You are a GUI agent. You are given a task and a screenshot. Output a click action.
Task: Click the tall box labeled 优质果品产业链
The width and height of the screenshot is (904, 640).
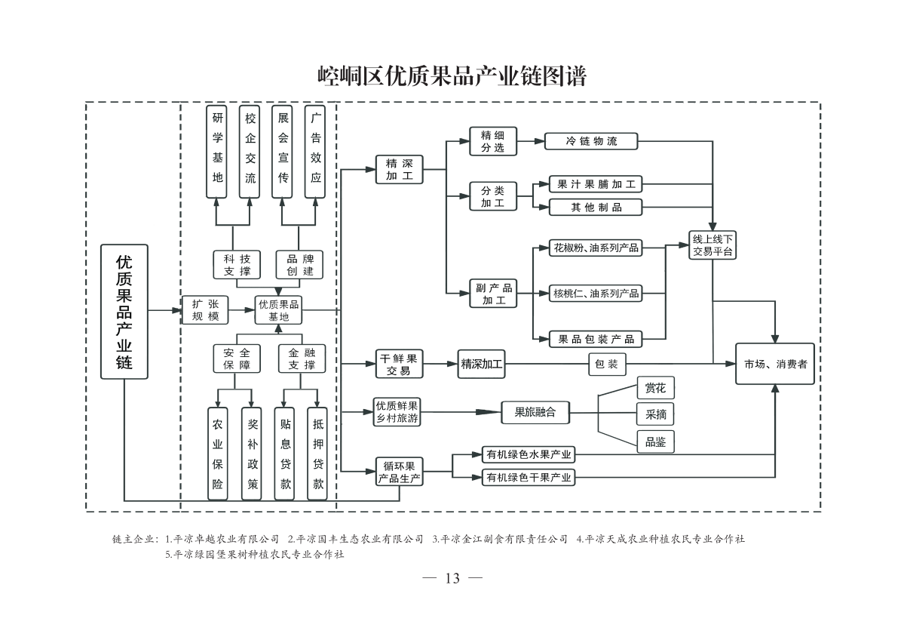(124, 312)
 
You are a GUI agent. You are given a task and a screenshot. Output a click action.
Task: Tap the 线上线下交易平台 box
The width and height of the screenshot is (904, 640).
(712, 245)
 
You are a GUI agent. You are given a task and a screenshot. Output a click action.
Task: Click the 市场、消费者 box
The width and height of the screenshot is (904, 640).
(775, 364)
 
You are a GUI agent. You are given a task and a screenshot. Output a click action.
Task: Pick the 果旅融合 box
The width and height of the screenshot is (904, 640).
(535, 412)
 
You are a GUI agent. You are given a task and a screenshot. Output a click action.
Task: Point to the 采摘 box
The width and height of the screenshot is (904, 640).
(655, 414)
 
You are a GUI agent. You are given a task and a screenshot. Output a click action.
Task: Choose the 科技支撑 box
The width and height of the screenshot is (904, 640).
(237, 264)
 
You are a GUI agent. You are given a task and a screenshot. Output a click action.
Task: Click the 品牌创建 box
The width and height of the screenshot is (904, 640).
(300, 264)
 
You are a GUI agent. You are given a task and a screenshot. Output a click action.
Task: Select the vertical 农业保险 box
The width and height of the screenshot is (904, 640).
(217, 454)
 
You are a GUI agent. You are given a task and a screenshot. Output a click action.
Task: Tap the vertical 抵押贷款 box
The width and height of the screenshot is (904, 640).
(317, 454)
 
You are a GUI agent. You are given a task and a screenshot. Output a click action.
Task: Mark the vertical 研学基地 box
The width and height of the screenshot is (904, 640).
(217, 152)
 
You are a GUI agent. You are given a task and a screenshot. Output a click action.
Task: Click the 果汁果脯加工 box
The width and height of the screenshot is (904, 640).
(596, 185)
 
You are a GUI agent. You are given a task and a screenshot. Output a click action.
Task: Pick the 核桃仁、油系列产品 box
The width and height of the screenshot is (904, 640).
(596, 293)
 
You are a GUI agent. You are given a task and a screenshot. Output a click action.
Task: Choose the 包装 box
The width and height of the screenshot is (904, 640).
(606, 364)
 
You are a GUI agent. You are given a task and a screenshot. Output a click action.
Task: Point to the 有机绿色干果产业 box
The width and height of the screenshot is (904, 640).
(528, 477)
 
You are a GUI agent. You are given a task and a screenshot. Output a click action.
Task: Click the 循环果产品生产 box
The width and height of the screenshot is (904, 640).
(399, 472)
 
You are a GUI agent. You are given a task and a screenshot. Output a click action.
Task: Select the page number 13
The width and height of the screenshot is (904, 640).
(452, 578)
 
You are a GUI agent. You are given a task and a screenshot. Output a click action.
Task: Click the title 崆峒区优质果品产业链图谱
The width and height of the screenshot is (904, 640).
(452, 76)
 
